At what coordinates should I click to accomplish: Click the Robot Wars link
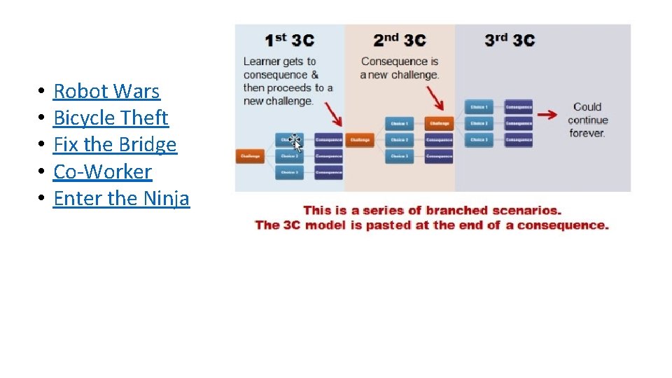106,91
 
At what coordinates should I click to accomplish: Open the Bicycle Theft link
111,118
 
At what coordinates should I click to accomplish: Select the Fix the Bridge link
115,145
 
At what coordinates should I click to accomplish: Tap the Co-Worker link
102,171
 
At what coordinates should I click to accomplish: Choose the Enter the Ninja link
121,198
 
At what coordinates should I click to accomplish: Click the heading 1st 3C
290,40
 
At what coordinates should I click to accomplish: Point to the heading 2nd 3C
399,40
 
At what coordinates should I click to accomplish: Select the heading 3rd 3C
509,40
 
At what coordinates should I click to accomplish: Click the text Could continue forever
587,120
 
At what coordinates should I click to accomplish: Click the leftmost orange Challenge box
251,156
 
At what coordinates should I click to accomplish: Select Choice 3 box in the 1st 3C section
289,172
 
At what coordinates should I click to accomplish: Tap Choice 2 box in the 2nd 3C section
399,140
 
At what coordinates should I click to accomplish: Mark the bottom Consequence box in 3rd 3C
519,140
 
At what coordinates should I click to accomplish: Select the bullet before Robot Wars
42,92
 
